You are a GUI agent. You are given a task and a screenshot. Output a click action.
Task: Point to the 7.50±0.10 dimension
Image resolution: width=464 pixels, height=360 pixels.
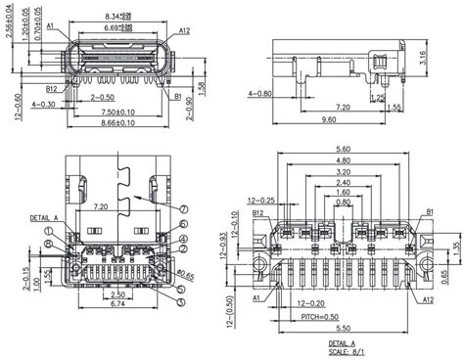[116, 112]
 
